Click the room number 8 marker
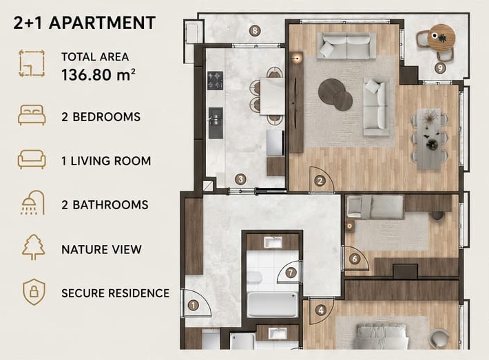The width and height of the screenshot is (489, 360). (255, 30)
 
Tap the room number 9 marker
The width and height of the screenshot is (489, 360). (440, 67)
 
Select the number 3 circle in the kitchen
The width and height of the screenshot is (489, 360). (240, 179)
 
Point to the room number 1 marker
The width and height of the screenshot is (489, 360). (194, 305)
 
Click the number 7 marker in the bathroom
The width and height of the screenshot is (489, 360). (291, 273)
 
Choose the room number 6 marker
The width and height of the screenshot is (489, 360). (354, 259)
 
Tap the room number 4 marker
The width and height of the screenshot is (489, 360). (320, 310)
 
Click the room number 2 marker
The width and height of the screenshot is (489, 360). (320, 181)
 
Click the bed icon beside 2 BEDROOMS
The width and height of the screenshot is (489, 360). (32, 115)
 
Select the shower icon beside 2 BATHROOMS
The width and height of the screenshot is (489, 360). (32, 202)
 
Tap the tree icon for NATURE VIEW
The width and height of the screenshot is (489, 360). (33, 247)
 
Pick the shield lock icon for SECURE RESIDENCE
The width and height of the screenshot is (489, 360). (34, 292)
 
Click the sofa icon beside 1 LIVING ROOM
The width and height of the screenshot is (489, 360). (32, 159)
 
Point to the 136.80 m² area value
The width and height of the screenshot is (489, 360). (98, 75)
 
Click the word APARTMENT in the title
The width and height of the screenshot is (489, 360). (103, 23)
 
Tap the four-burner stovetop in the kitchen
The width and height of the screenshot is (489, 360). (216, 81)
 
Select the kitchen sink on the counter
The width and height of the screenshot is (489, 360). (216, 118)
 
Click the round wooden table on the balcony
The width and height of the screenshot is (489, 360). (441, 38)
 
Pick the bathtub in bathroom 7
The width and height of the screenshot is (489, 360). (272, 304)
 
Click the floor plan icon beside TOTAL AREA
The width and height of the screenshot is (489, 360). (32, 63)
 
